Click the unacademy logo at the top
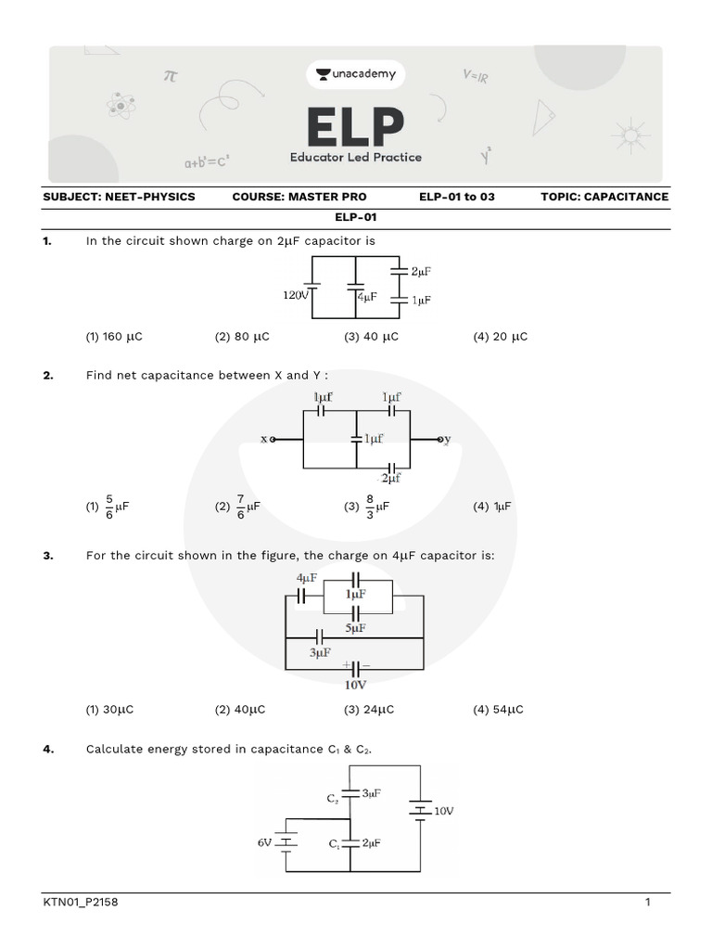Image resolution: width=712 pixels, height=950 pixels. [x=355, y=74]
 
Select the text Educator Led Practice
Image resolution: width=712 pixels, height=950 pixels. [x=355, y=158]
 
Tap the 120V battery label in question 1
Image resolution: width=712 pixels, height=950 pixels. [x=295, y=295]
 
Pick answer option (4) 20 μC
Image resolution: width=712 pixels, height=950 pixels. [x=500, y=337]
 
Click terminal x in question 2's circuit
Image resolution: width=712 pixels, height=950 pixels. [x=268, y=439]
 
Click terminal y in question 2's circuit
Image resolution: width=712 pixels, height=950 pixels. [x=445, y=439]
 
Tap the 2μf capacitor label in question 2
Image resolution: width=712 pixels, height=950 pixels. [x=390, y=479]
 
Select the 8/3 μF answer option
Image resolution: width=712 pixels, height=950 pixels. [x=366, y=507]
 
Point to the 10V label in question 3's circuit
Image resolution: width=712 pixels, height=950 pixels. [x=355, y=685]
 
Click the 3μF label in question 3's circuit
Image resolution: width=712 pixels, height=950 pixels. [x=320, y=653]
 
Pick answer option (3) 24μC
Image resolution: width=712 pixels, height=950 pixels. [x=369, y=710]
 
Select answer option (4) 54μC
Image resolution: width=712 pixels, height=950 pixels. [x=498, y=710]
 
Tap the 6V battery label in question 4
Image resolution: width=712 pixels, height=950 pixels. [x=264, y=843]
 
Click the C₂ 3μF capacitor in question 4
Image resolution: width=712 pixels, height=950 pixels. [x=350, y=793]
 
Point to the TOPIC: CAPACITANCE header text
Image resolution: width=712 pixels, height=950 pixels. [x=604, y=197]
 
